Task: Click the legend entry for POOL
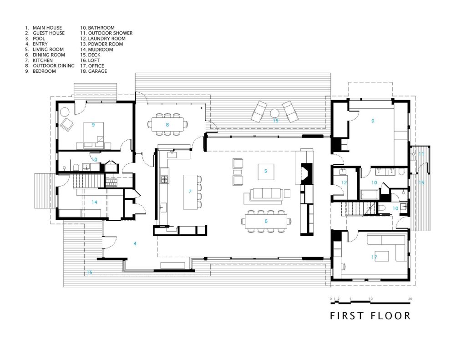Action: tap(35, 39)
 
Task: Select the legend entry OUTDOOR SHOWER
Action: tap(106, 33)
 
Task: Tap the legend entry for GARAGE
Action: tap(93, 71)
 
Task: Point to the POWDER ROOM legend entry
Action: tap(101, 44)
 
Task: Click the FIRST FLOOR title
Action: tap(370, 315)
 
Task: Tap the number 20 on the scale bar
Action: tap(410, 299)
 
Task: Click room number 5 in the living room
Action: tap(266, 171)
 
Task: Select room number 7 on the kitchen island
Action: tap(190, 192)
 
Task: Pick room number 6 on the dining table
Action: tap(266, 221)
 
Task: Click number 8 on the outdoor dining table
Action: tap(167, 125)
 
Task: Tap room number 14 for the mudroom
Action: tap(94, 202)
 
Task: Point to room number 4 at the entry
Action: tap(135, 243)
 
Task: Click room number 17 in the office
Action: tap(374, 258)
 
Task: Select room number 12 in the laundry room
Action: tap(344, 183)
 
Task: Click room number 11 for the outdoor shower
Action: tap(421, 154)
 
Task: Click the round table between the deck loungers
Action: tap(274, 114)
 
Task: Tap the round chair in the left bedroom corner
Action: tap(65, 112)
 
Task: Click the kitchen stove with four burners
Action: tap(165, 179)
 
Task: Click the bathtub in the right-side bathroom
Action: tap(370, 195)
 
